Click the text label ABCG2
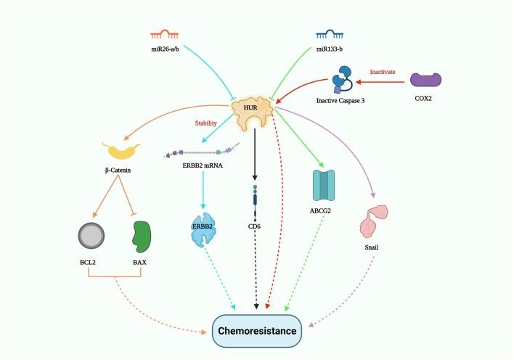point(327,211)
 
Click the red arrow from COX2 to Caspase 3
point(384,81)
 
